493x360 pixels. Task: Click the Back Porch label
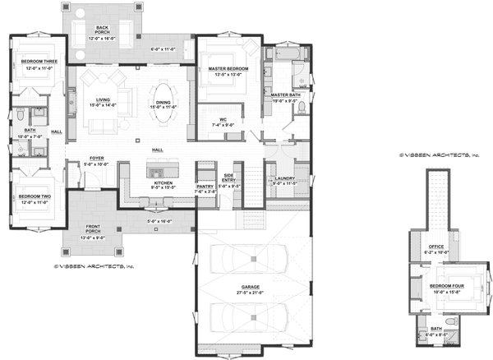click(x=103, y=27)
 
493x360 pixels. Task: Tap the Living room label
click(x=103, y=99)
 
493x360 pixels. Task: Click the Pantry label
click(x=204, y=187)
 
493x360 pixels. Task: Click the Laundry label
click(x=285, y=178)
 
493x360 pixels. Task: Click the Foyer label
click(x=96, y=159)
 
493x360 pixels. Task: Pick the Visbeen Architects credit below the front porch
click(x=93, y=266)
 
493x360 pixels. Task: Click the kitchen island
click(x=156, y=169)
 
